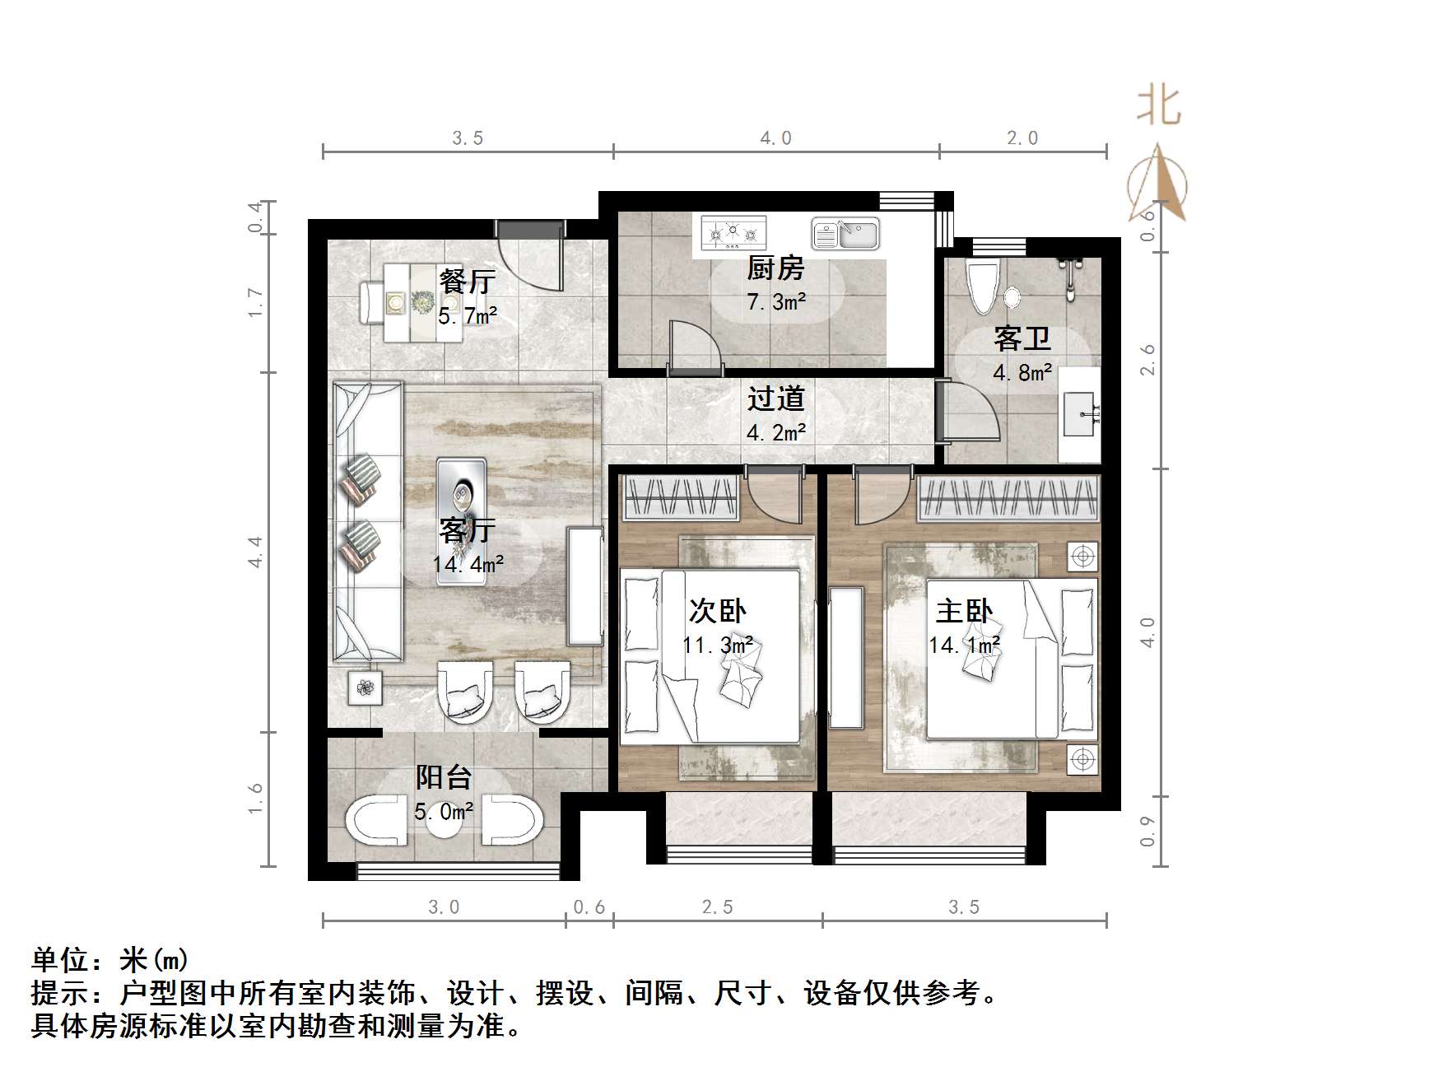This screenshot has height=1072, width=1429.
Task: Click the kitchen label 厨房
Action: tap(775, 268)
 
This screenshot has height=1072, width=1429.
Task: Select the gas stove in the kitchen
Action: tap(733, 233)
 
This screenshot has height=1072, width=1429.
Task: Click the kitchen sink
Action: tap(845, 233)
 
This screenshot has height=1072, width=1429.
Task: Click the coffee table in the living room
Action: tap(461, 520)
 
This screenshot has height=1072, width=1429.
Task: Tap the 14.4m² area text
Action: tap(468, 564)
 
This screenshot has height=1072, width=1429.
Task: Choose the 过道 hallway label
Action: tap(775, 399)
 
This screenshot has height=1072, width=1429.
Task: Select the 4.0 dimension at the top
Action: tap(775, 138)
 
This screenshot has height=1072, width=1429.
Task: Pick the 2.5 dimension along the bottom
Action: tap(717, 907)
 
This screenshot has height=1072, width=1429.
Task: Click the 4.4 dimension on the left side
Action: tap(256, 551)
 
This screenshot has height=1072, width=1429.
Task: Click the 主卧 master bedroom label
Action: tap(964, 612)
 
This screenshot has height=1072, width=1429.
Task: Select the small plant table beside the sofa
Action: tap(365, 687)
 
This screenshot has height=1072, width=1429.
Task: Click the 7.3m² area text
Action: tap(775, 302)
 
